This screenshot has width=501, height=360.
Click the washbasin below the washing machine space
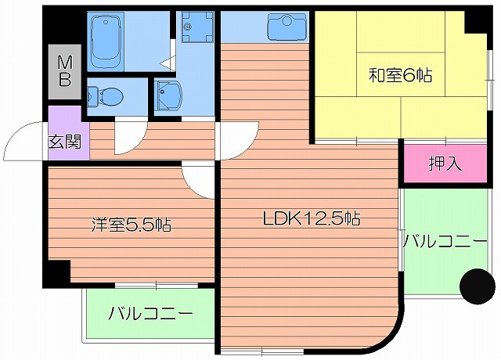point(168,97)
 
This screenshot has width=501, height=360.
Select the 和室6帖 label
point(401,76)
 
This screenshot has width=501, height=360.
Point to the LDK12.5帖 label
point(311,218)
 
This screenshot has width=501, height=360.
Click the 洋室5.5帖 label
point(129,225)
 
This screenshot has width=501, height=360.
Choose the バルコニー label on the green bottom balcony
point(150,315)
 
